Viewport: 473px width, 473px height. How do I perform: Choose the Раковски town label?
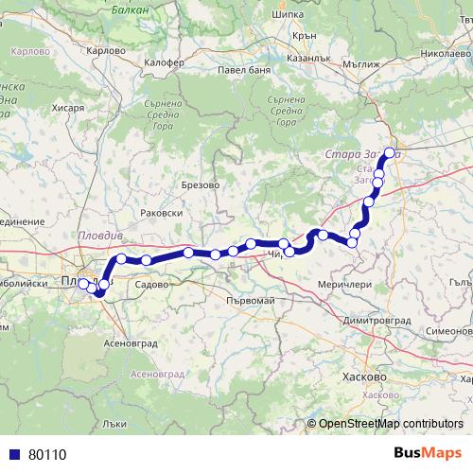(x=161, y=214)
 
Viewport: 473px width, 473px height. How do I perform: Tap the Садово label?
(x=151, y=283)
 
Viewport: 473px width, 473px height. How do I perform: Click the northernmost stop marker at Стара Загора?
(x=390, y=151)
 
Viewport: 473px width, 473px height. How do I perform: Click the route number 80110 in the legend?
(x=47, y=455)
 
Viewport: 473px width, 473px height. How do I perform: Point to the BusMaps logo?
(x=429, y=453)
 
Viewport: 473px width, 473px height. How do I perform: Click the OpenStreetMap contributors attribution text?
(x=391, y=424)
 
